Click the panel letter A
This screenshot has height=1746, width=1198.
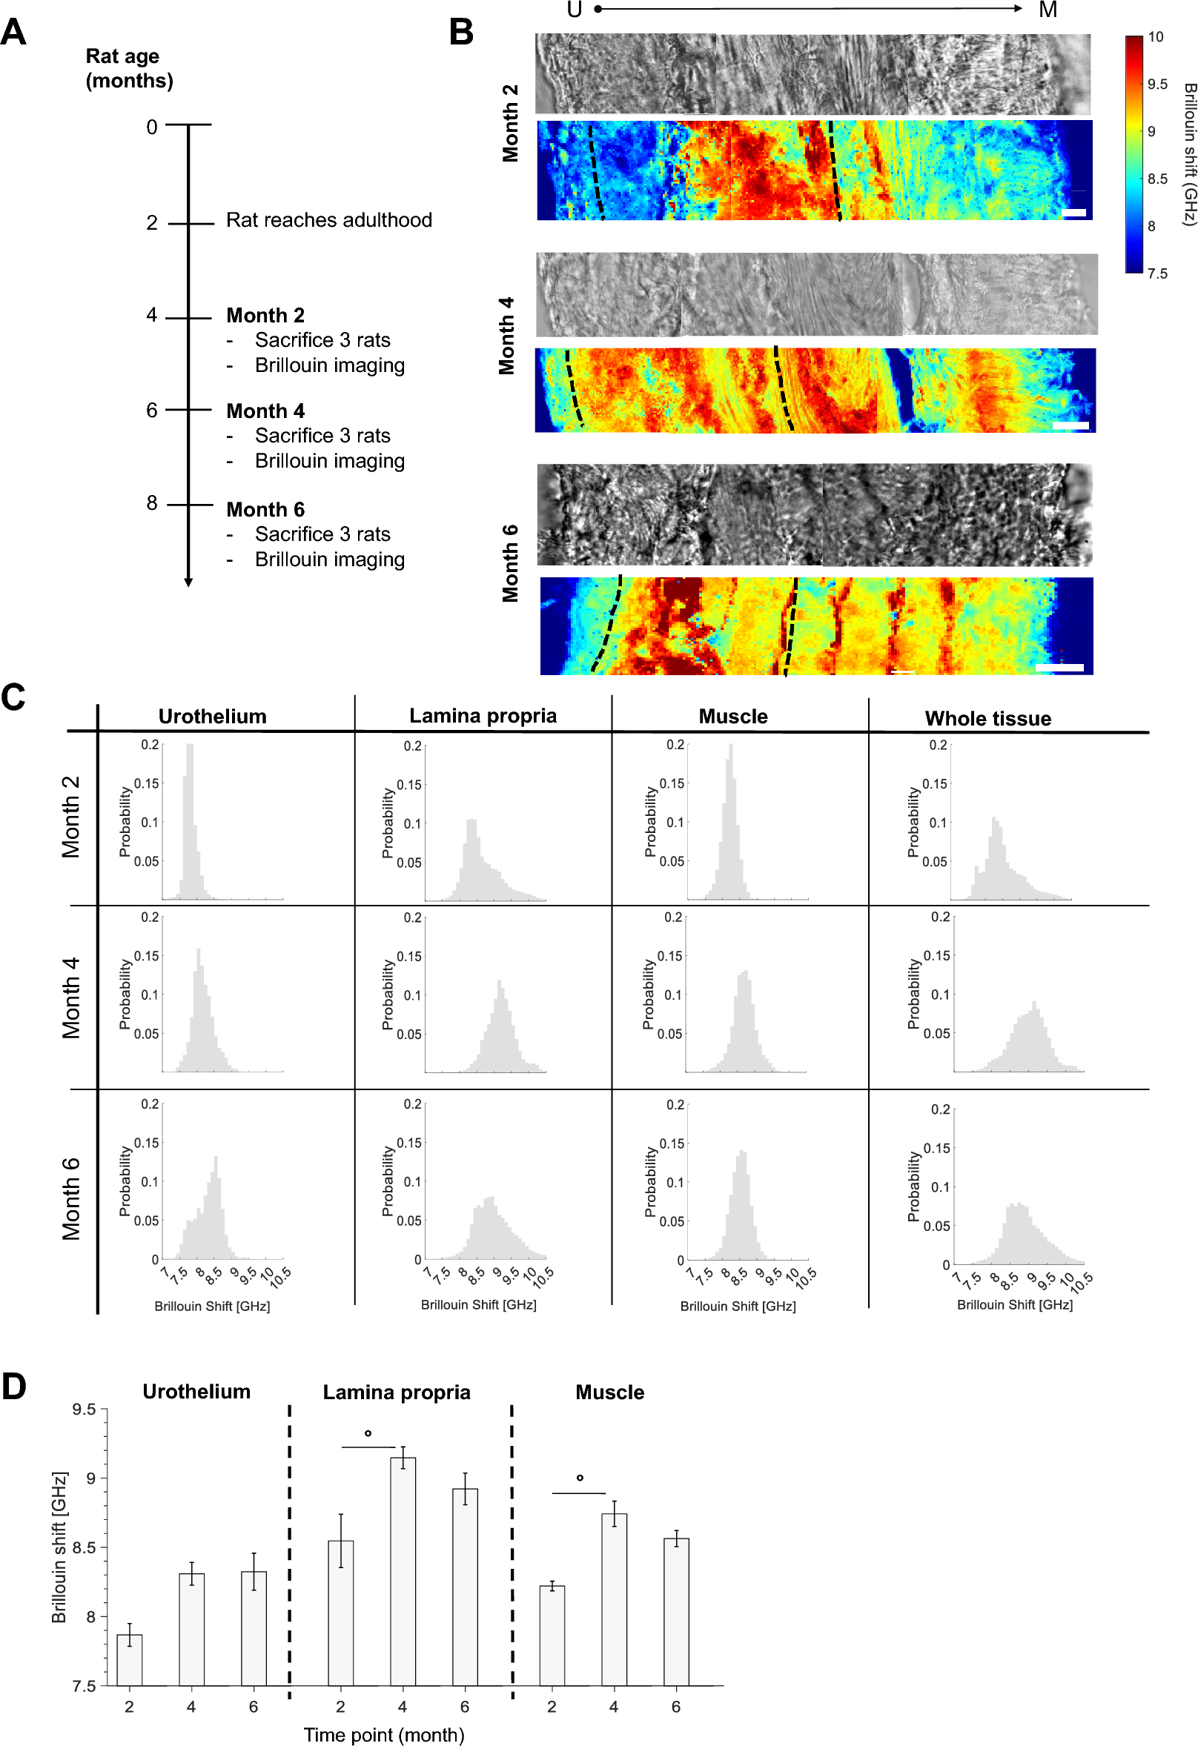[x=13, y=33]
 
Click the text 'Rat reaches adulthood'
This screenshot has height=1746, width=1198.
[x=328, y=220]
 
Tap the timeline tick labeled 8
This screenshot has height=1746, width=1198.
[x=152, y=502]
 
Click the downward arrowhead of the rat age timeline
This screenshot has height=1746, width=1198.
[x=188, y=582]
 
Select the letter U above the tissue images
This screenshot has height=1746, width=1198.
[x=575, y=10]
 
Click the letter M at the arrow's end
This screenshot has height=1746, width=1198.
[x=1048, y=10]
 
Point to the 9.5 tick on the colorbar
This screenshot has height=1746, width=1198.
[x=1156, y=84]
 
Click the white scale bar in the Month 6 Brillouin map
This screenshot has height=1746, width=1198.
[x=1059, y=667]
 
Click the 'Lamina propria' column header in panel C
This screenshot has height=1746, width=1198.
[x=483, y=716]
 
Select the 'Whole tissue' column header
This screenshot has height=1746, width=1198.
[x=987, y=719]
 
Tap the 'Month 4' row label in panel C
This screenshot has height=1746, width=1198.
[x=70, y=997]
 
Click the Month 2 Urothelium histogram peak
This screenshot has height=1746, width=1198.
[x=189, y=748]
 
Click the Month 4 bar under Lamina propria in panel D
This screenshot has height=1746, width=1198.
[x=403, y=1570]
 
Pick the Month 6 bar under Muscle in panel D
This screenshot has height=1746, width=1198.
[x=675, y=1611]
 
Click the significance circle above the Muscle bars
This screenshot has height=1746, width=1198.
[x=580, y=1478]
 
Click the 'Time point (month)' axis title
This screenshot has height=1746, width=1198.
[x=383, y=1734]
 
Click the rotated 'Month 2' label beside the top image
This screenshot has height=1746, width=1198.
[x=509, y=123]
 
